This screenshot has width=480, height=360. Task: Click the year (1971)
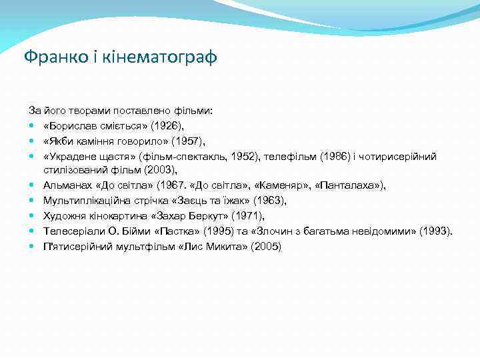click(247, 216)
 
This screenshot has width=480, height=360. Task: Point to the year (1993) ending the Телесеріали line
click(436, 231)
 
